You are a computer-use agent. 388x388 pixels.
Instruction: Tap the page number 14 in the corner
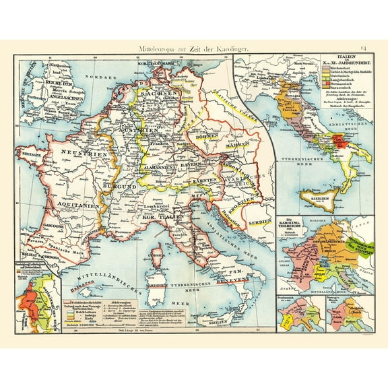[364, 47]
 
